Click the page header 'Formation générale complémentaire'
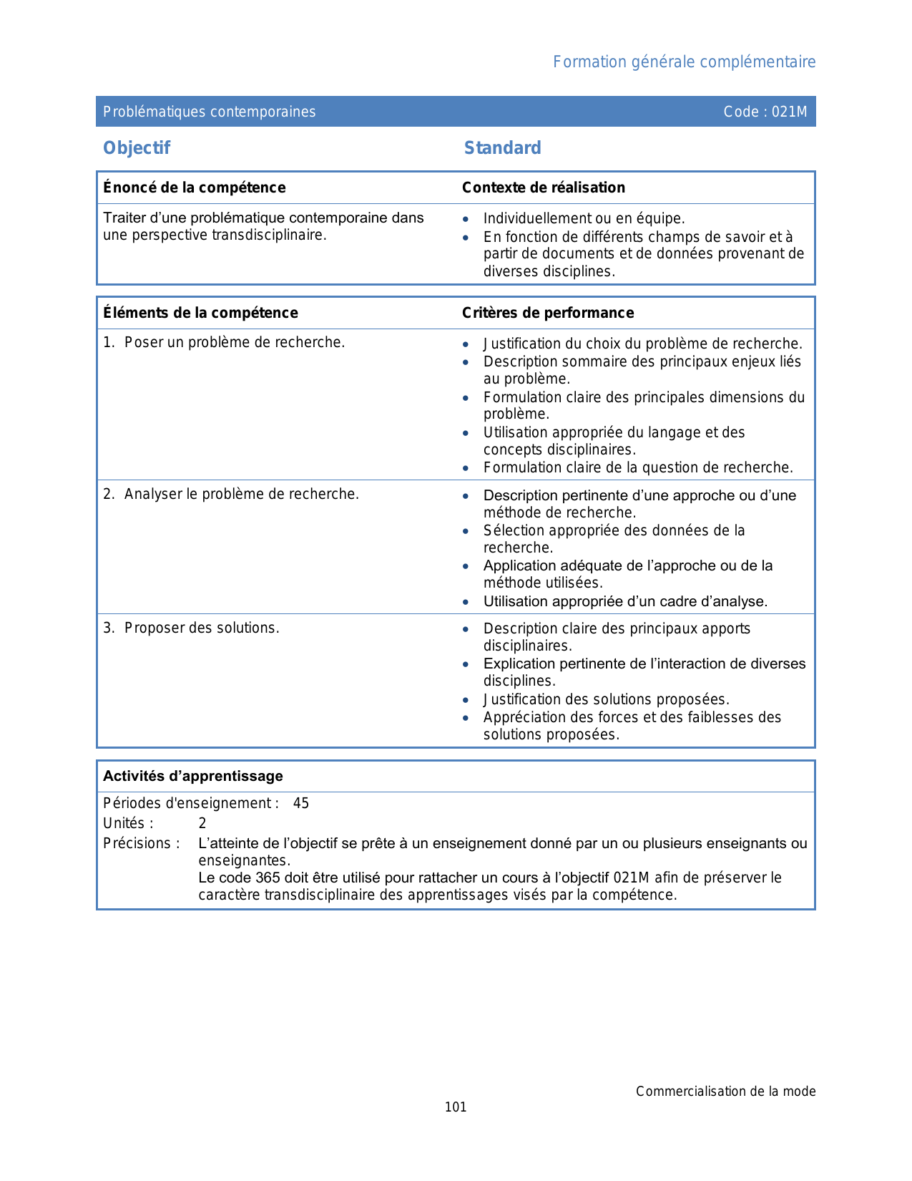click(684, 62)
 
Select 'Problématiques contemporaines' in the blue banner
click(209, 112)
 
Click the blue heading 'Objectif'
click(137, 148)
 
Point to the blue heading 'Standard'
click(502, 148)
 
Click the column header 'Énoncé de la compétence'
click(194, 188)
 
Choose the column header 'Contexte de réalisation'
click(543, 188)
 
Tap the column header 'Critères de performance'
click(547, 313)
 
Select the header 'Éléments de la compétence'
click(200, 313)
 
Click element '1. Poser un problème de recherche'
click(224, 343)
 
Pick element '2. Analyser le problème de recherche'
click(231, 494)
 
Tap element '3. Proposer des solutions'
click(191, 628)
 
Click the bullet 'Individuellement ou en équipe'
click(584, 219)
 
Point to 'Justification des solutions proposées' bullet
click(606, 699)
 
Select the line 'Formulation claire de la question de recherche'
click(638, 468)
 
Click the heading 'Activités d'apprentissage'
click(193, 776)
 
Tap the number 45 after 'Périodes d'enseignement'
click(301, 803)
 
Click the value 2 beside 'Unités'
click(202, 823)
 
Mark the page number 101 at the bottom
click(456, 1107)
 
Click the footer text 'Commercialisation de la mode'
click(725, 1092)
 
